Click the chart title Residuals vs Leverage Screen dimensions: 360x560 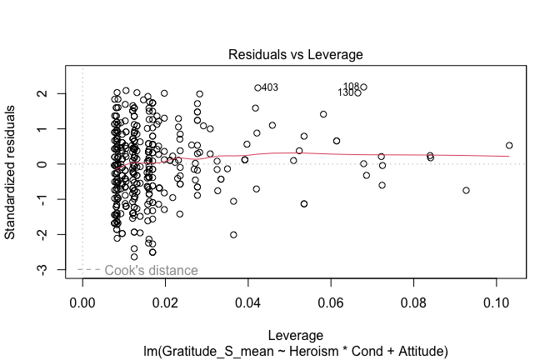(296, 55)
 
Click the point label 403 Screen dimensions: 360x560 (269, 87)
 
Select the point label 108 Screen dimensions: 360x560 (351, 87)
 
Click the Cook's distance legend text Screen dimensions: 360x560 (151, 270)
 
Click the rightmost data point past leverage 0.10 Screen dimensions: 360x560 (509, 146)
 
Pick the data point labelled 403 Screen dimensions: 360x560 (258, 87)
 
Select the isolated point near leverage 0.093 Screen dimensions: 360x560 (466, 190)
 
